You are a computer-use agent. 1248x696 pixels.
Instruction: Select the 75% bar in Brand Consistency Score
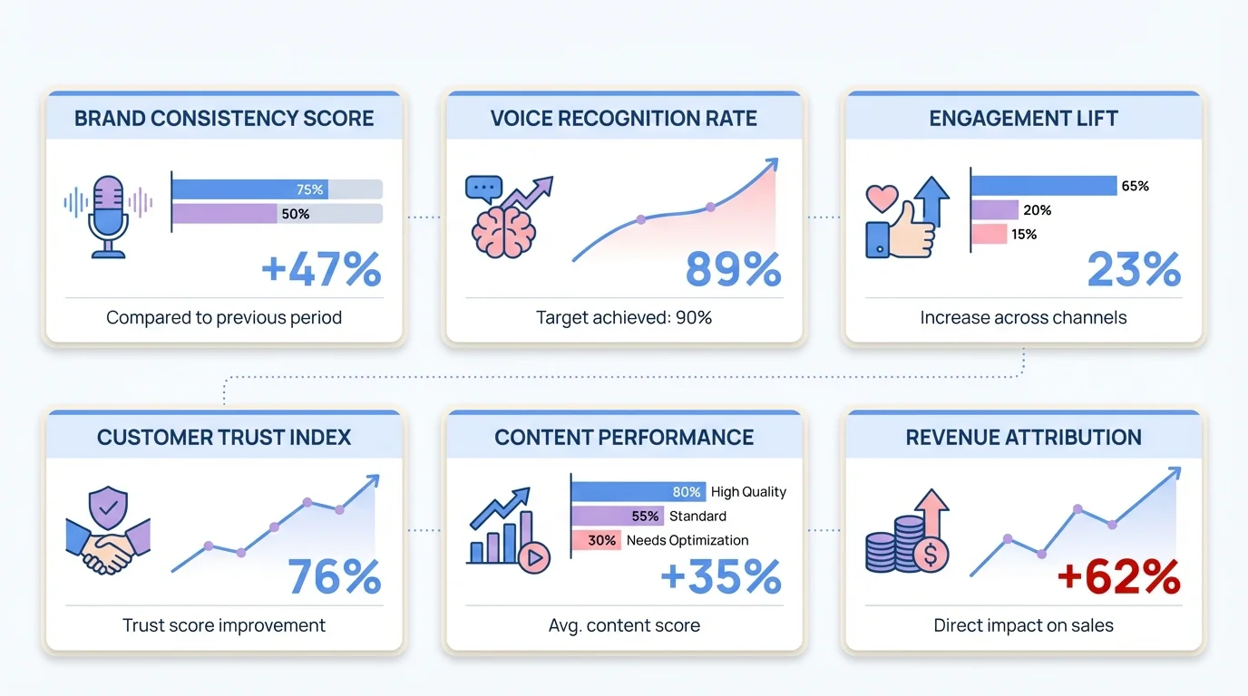[249, 189]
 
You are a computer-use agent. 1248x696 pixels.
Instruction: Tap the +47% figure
[321, 270]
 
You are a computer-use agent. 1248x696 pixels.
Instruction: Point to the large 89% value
[733, 270]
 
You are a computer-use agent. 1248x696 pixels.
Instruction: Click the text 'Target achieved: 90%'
[624, 318]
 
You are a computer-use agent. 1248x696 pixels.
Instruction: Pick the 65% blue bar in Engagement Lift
[1044, 186]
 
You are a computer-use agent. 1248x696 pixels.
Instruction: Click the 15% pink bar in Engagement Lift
[990, 234]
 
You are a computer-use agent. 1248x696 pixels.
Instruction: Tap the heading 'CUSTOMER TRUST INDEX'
[224, 438]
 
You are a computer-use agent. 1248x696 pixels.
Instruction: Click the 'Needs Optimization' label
[687, 540]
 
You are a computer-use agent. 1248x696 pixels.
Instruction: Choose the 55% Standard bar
[617, 516]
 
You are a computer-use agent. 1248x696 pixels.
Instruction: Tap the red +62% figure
[1118, 577]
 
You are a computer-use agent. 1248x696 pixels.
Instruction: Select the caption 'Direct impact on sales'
[1023, 625]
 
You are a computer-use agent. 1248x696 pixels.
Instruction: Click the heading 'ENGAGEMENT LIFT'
[1023, 119]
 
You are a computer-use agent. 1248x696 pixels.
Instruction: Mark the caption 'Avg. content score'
[624, 625]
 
